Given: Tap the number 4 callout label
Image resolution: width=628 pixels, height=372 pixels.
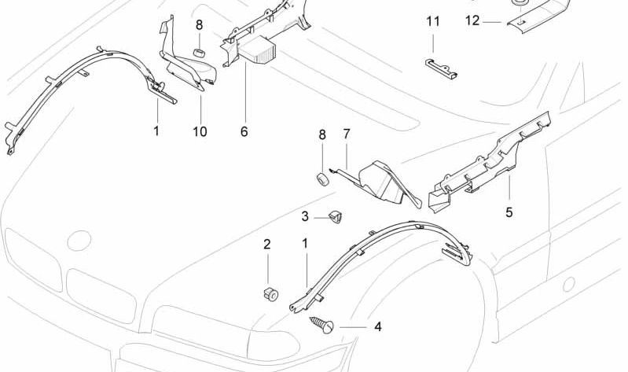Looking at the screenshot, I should click(377, 325).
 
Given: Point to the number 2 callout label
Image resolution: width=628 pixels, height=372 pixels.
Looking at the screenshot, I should click(266, 245).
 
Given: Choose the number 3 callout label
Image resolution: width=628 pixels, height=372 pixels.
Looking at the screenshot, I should click(305, 216).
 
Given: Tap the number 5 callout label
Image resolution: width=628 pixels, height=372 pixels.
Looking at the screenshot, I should click(509, 212).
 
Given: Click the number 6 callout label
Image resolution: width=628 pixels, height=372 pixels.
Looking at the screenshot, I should click(244, 131).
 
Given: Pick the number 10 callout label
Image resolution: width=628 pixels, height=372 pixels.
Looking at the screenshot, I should click(200, 131).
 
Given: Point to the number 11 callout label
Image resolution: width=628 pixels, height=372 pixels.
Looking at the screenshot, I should click(433, 21).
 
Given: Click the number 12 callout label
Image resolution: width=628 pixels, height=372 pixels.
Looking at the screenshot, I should click(472, 21).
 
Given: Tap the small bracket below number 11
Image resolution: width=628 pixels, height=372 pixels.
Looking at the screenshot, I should click(441, 68).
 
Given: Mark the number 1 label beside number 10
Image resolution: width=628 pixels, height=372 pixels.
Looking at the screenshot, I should click(156, 131).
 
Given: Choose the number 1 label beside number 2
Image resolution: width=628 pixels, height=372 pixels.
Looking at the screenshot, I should click(306, 245).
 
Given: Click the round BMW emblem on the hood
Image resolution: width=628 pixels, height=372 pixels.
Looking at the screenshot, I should click(80, 241).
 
